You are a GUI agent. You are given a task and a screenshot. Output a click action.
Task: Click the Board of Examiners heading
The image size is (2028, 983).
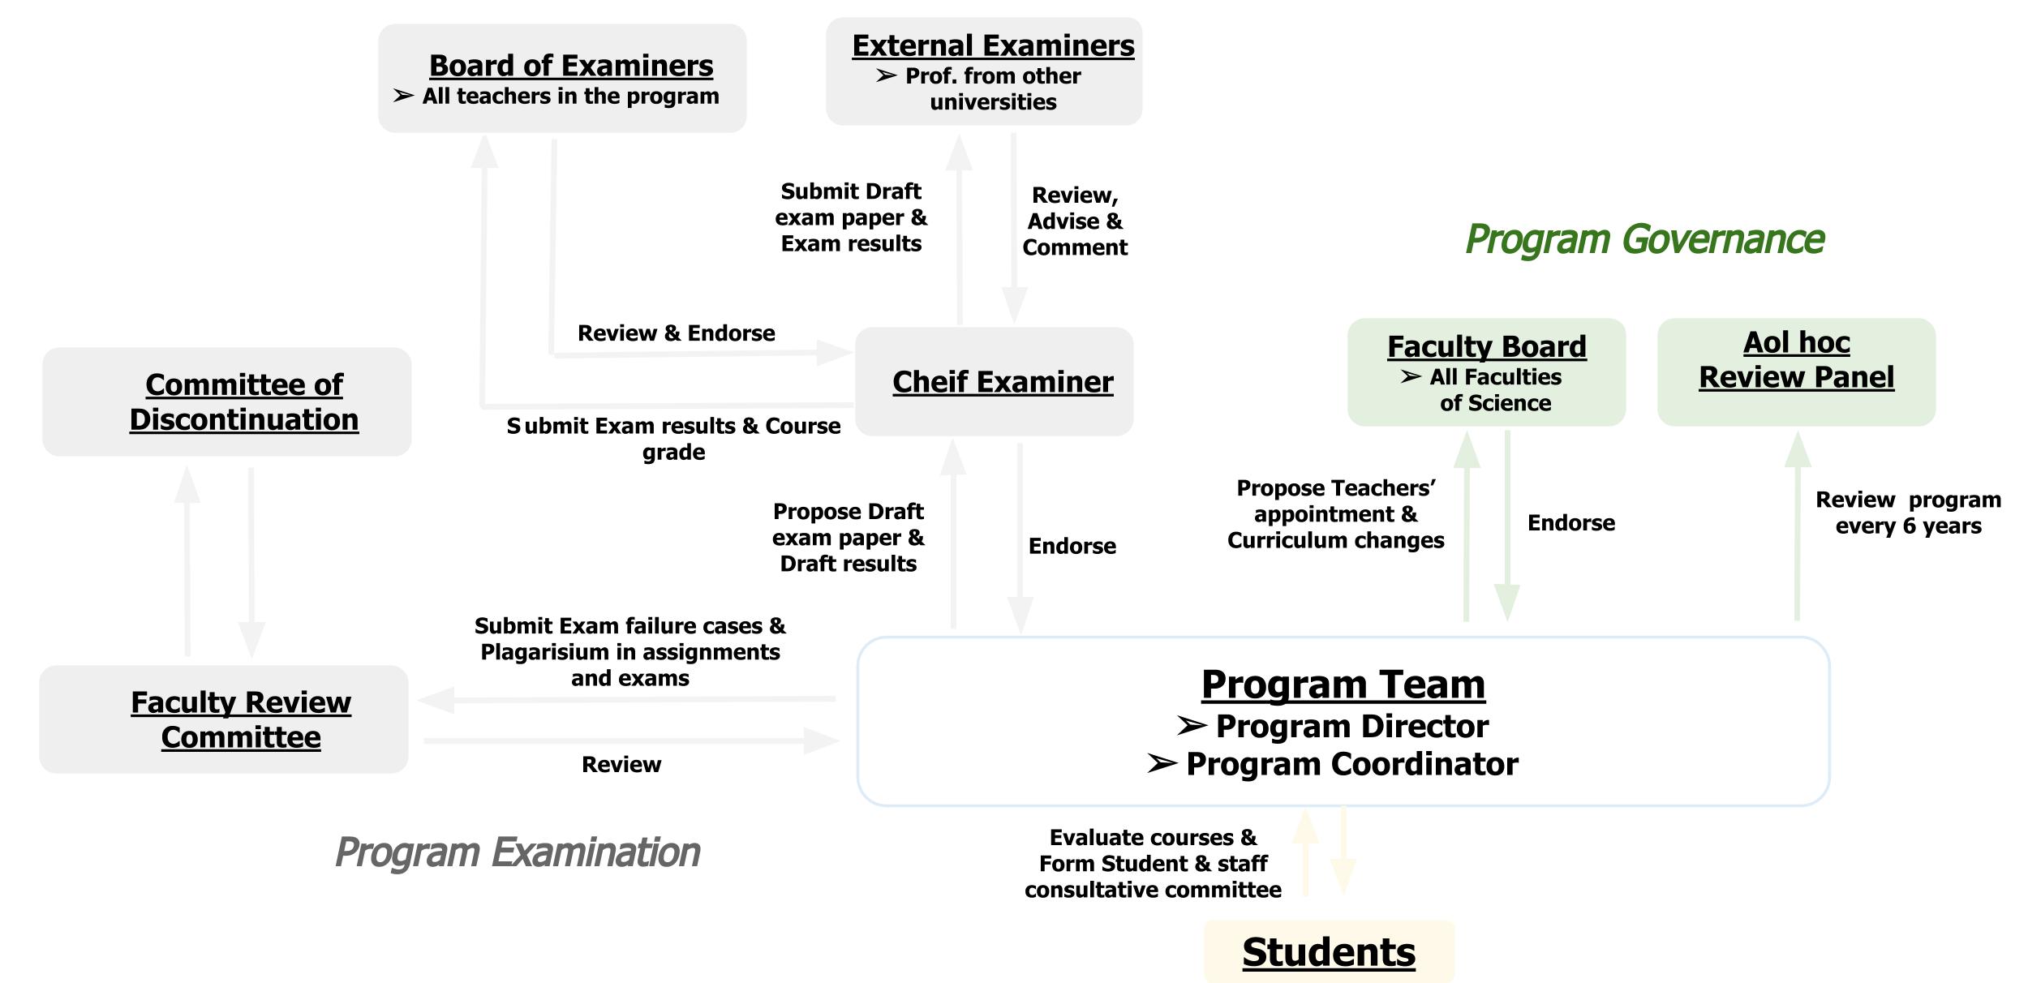[x=570, y=66]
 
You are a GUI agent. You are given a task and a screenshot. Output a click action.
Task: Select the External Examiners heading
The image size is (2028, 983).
[x=993, y=46]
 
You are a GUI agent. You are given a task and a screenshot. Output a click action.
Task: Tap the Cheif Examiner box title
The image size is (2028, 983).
[x=1003, y=382]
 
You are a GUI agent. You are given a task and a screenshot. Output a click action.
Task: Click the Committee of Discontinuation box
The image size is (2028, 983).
[x=243, y=402]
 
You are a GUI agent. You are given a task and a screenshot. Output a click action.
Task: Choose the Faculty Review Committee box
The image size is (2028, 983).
[x=240, y=719]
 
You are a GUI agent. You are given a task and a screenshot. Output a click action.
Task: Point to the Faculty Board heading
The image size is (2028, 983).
[x=1486, y=347]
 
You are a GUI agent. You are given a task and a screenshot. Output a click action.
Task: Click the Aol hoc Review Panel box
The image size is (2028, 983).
[x=1796, y=361]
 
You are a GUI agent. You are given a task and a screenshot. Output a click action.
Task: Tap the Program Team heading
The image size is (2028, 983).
[x=1343, y=685]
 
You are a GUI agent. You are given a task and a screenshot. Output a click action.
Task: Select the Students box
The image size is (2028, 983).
[x=1329, y=952]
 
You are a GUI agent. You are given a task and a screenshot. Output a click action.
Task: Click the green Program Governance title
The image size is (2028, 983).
[x=1644, y=239]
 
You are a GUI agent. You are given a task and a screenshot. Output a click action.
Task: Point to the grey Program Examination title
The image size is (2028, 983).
[x=517, y=852]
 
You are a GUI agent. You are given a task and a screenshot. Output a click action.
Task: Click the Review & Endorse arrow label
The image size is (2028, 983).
[x=676, y=333]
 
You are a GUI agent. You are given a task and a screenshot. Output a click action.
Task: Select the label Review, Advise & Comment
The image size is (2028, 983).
[x=1074, y=221]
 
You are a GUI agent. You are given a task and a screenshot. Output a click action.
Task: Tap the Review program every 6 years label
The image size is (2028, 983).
[x=1908, y=513]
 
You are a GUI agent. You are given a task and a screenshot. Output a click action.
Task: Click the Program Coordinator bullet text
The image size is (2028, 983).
[x=1351, y=764]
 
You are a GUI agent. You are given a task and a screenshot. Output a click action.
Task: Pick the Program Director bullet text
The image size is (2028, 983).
[x=1351, y=727]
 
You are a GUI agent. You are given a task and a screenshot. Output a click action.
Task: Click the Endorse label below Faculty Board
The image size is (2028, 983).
[x=1570, y=523]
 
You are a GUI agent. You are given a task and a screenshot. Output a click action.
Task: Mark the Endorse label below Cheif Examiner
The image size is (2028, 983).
[x=1072, y=547]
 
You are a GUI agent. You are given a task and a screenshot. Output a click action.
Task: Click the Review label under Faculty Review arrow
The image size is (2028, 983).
[x=621, y=765]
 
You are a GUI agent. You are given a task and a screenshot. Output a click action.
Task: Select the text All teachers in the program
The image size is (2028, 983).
[x=570, y=97]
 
